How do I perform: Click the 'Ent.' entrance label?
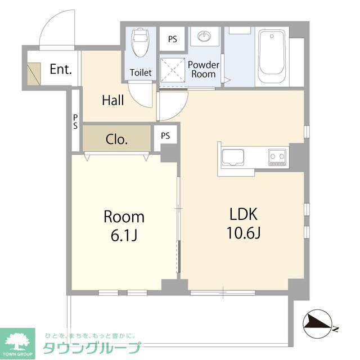[x=61, y=70]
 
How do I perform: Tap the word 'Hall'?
[x=113, y=101]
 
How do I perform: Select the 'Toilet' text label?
[x=141, y=73]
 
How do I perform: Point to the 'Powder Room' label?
[x=204, y=69]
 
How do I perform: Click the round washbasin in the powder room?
[x=204, y=38]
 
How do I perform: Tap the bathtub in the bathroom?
[x=272, y=56]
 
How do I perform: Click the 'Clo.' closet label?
[x=117, y=139]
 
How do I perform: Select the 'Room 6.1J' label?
[x=124, y=226]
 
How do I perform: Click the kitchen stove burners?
[x=277, y=156]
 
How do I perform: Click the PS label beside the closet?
[x=165, y=136]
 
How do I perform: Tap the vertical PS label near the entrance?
[x=75, y=121]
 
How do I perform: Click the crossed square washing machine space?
[x=172, y=71]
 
